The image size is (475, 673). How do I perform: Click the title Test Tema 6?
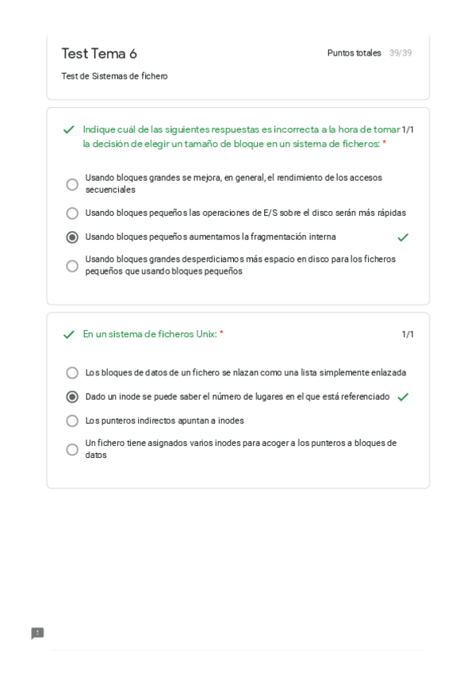click(x=99, y=54)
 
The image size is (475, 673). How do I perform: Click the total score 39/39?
click(x=400, y=53)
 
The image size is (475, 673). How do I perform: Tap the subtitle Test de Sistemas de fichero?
click(x=114, y=76)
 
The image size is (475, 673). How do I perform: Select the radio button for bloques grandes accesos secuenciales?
click(x=72, y=184)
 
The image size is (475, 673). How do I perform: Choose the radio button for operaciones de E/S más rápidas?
click(x=72, y=213)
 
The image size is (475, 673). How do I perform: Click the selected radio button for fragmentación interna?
click(x=72, y=237)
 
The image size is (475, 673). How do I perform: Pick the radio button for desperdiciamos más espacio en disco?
click(x=72, y=266)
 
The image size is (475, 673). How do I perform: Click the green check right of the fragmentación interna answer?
click(x=403, y=237)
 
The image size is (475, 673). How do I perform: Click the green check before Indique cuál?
click(x=69, y=129)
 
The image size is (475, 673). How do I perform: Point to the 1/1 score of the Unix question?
click(x=408, y=335)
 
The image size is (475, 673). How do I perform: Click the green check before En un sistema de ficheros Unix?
click(x=69, y=335)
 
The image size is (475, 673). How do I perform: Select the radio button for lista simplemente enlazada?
click(x=72, y=373)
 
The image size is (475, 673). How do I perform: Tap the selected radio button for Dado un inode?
click(x=72, y=397)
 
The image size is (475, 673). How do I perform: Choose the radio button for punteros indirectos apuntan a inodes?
click(x=72, y=421)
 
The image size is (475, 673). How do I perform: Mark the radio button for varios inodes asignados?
click(x=72, y=449)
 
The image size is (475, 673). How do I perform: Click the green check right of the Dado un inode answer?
click(x=403, y=397)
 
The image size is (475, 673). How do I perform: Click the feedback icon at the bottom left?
click(x=37, y=633)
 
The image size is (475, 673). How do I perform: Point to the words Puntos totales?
click(x=354, y=53)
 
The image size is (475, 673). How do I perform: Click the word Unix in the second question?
click(x=205, y=334)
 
